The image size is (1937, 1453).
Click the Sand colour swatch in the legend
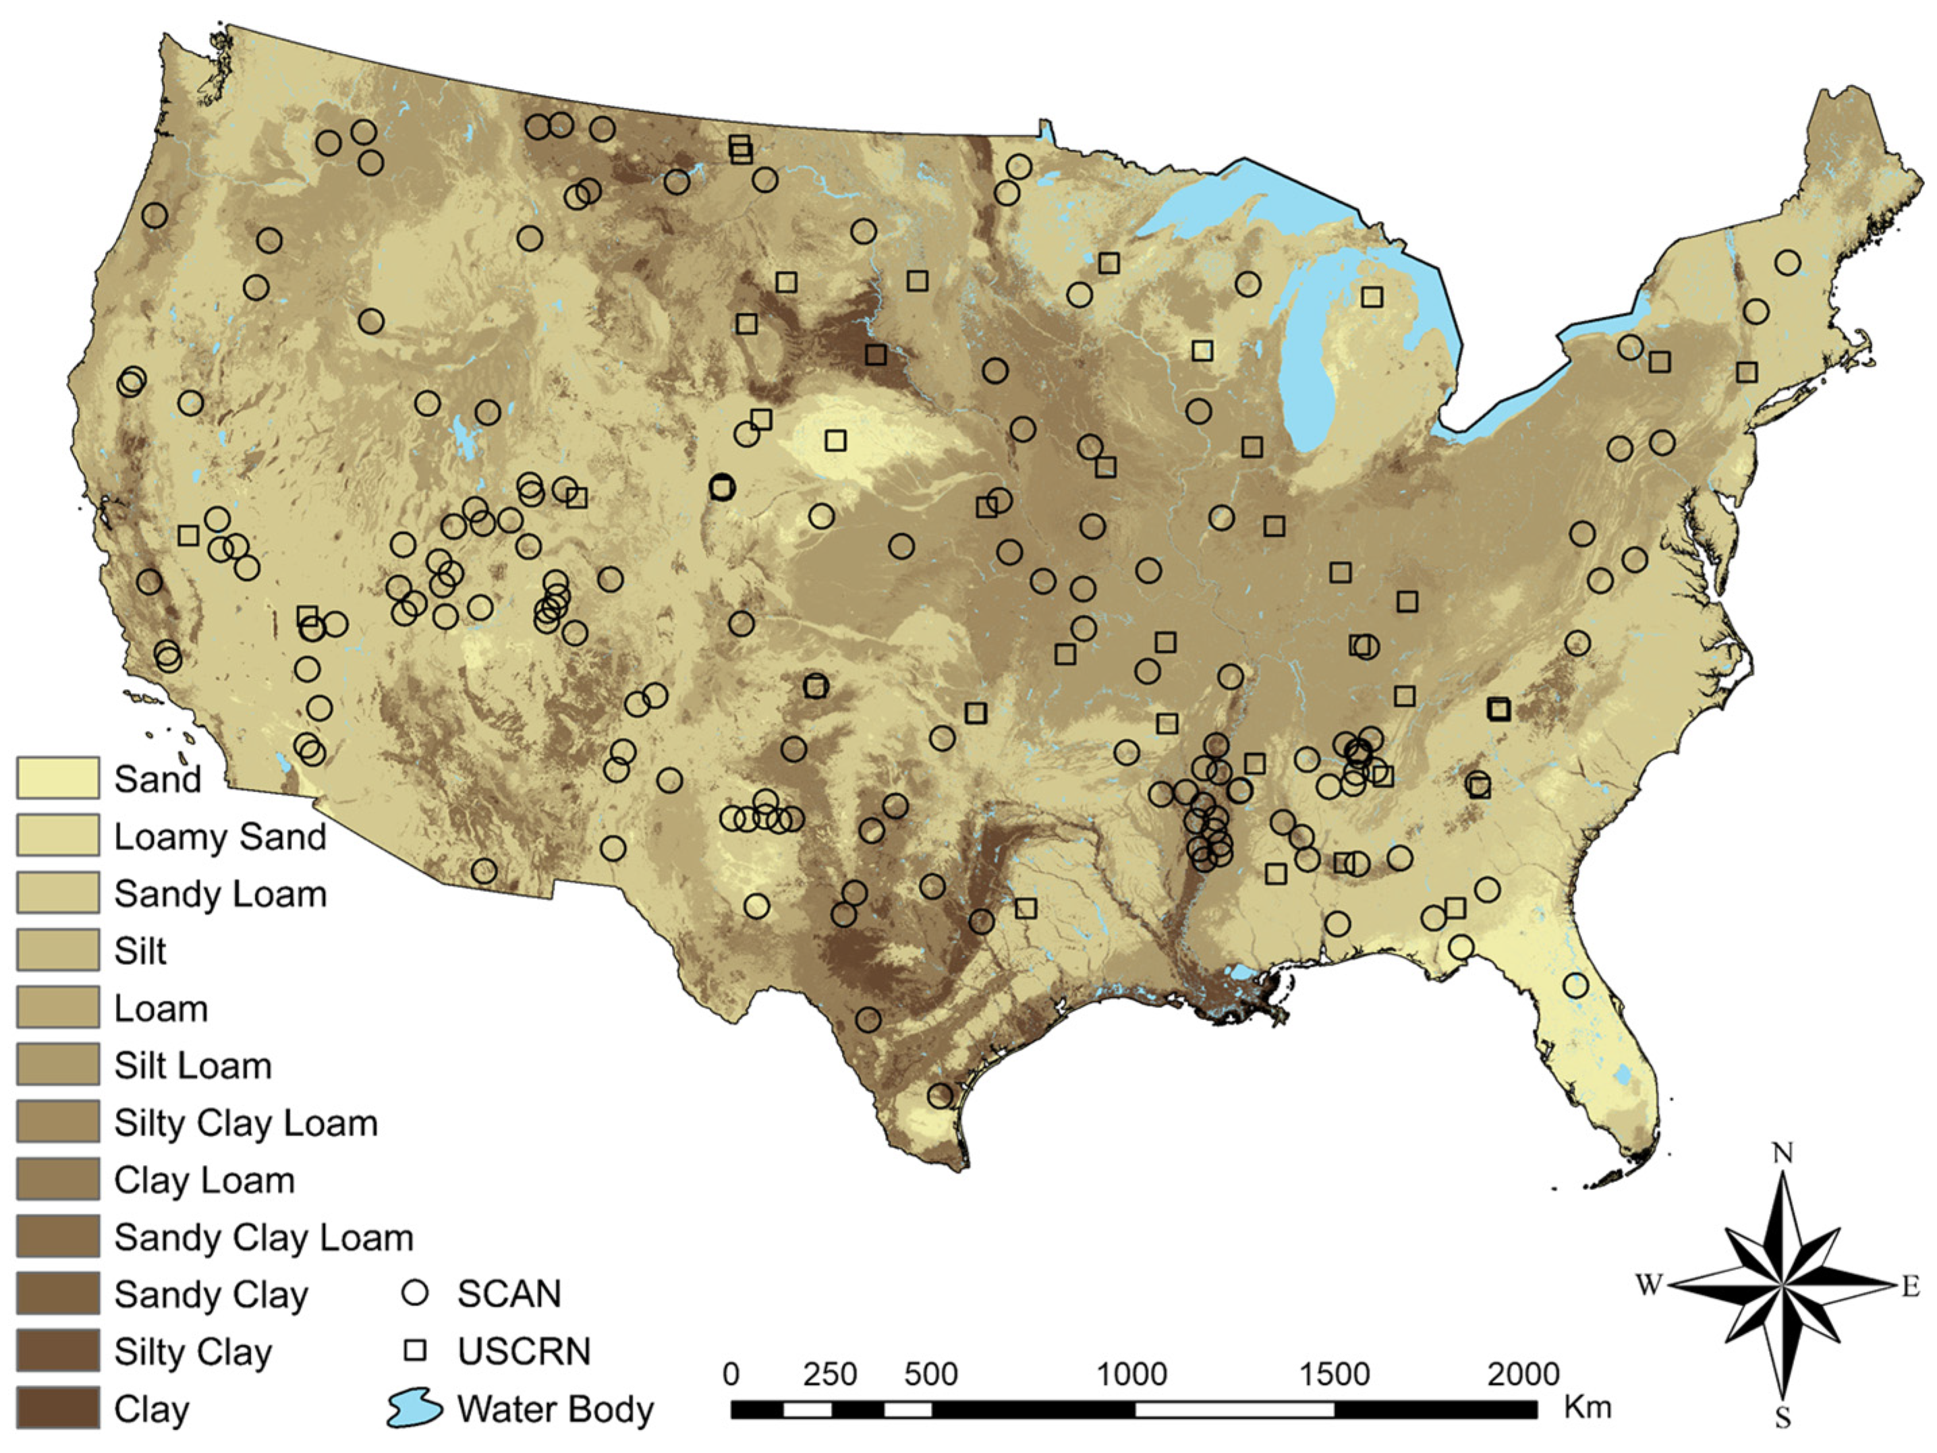(x=58, y=778)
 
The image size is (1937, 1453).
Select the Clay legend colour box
(x=58, y=1408)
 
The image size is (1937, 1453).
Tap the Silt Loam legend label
(x=193, y=1065)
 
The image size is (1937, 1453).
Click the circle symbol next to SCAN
(x=414, y=1293)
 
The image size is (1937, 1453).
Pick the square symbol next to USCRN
(x=414, y=1351)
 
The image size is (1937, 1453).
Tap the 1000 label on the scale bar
(x=1132, y=1374)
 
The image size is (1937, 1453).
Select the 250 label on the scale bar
(x=830, y=1374)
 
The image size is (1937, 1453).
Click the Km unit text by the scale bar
(x=1588, y=1407)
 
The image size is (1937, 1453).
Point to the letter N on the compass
(x=1782, y=1154)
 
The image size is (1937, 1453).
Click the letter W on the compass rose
(x=1649, y=1285)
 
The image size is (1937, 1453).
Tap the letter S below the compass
(x=1782, y=1418)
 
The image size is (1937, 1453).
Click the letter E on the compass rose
(x=1911, y=1286)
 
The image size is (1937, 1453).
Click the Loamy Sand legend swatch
(x=58, y=835)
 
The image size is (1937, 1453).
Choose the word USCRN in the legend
(x=524, y=1351)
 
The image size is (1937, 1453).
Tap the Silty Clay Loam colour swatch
(x=58, y=1122)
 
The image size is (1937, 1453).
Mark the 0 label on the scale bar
(x=732, y=1374)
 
